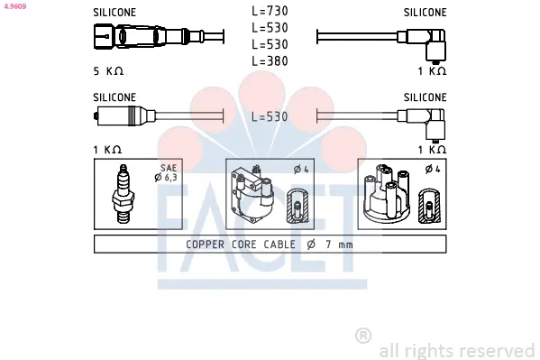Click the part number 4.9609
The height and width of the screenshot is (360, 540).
(15, 6)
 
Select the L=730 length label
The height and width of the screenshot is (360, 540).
(270, 11)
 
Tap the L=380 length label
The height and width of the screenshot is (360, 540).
(270, 61)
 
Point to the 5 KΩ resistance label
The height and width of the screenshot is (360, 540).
(108, 71)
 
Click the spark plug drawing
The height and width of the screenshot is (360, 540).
(123, 194)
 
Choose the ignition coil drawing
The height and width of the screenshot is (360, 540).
(252, 193)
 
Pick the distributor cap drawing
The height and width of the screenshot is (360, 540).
(387, 193)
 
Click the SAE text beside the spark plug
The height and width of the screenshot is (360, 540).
(169, 168)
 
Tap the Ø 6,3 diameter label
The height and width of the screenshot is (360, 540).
(166, 178)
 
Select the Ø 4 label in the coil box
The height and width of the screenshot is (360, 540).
(301, 170)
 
